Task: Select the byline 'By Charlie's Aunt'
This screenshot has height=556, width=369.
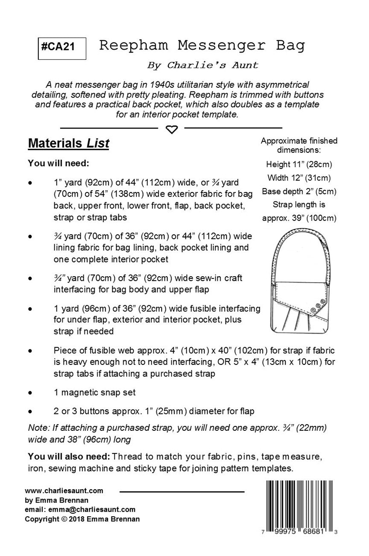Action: pos(202,65)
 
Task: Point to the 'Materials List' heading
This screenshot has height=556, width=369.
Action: pos(68,144)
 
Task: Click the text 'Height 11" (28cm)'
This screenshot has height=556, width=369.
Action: pos(299,164)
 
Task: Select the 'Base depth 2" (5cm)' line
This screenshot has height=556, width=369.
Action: pos(299,191)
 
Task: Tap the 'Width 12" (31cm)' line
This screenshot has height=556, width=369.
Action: pos(299,177)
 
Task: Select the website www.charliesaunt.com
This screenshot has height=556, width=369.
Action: pos(64,491)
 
